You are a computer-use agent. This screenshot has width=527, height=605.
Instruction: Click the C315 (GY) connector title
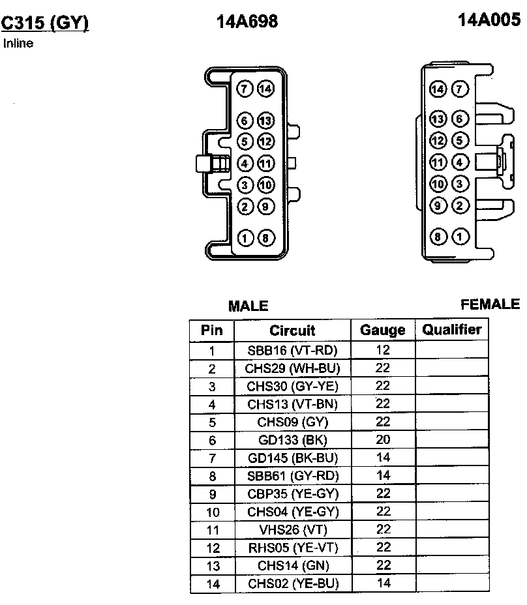(44, 23)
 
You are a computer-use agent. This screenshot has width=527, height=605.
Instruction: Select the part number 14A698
(247, 22)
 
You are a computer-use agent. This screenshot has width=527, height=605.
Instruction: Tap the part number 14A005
(489, 20)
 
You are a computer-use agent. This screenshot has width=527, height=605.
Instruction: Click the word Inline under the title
(18, 44)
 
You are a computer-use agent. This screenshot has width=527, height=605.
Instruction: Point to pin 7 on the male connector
(245, 89)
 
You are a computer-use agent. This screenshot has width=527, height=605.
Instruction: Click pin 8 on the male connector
(265, 238)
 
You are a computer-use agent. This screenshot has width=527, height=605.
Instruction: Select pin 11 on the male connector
(265, 163)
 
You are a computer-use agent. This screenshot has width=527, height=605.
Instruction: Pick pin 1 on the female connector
(460, 237)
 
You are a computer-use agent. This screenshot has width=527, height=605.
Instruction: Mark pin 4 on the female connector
(460, 162)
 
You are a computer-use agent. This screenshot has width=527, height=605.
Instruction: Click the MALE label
(248, 306)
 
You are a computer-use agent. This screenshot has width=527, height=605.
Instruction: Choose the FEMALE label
(490, 304)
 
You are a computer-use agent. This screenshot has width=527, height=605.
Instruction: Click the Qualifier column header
(451, 329)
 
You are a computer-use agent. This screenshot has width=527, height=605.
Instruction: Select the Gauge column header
(383, 331)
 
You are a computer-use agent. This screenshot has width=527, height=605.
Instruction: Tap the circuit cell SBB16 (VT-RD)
(292, 350)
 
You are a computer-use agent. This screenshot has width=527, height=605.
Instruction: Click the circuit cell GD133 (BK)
(292, 440)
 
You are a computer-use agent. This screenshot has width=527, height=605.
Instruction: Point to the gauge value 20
(383, 440)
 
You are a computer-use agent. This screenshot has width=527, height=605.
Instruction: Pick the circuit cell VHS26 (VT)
(292, 529)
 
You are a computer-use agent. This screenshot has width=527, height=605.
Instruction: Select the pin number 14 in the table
(212, 583)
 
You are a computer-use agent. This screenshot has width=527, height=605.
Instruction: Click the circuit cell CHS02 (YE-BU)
(292, 583)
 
